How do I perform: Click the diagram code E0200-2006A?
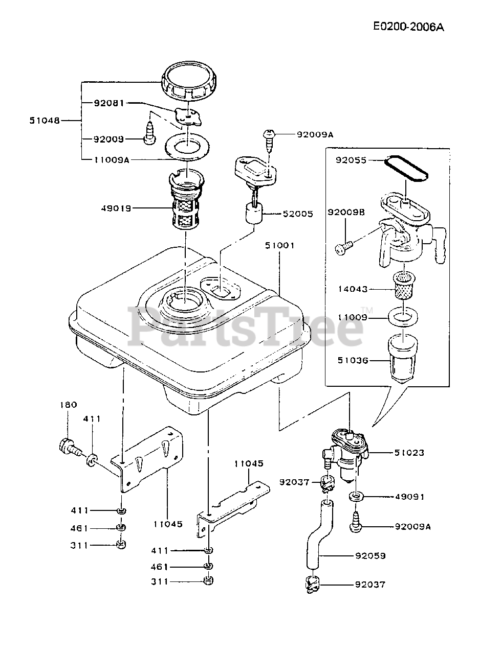coord(408,27)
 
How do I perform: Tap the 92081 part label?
coord(108,103)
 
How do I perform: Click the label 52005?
coord(298,214)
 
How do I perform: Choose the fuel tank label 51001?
coord(280,245)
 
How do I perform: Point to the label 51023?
coord(409,453)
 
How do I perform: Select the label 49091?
coord(409,497)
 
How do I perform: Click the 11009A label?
coord(112,160)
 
